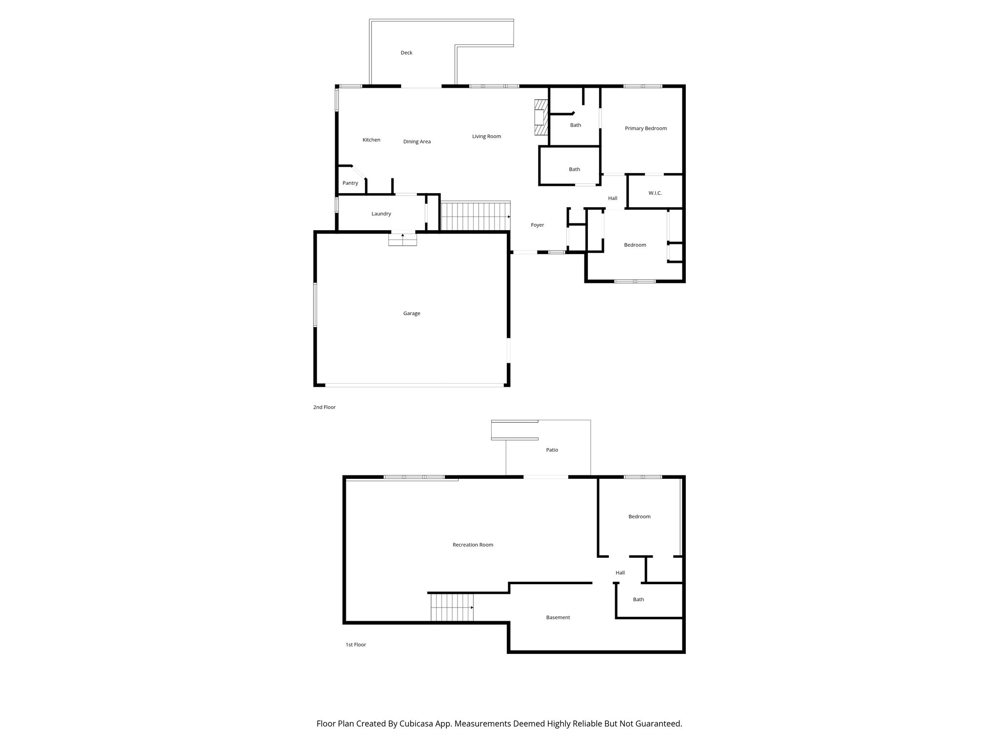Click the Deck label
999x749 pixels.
tap(406, 53)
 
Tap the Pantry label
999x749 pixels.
tap(350, 183)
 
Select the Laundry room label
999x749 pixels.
tap(381, 214)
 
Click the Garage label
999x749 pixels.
tap(411, 314)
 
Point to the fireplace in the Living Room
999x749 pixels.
tap(541, 118)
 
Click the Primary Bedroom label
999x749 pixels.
tap(645, 128)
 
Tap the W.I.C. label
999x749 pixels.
tap(655, 193)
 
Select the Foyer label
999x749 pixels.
tap(537, 225)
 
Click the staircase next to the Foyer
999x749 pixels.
tap(475, 217)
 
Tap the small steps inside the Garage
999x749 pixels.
tap(402, 240)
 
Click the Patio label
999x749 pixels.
tap(552, 450)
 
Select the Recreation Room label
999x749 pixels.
tap(473, 545)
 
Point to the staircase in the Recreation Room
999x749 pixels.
tap(452, 607)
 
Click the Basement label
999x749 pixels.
tap(558, 617)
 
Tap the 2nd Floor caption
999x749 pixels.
tap(324, 407)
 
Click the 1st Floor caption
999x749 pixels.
tap(356, 645)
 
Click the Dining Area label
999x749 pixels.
tap(417, 142)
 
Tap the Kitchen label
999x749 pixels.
tap(371, 140)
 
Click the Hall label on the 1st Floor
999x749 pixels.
tap(620, 573)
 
